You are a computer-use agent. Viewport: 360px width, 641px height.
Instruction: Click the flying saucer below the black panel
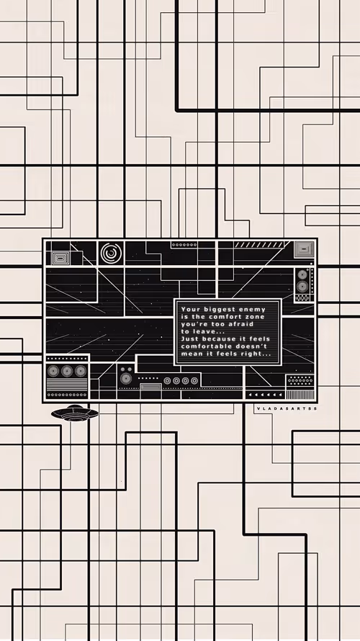(75, 413)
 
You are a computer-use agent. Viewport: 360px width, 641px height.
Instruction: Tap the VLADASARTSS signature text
(287, 408)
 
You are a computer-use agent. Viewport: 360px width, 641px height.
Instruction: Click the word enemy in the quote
(251, 310)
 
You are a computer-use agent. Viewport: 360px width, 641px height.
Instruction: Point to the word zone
(255, 317)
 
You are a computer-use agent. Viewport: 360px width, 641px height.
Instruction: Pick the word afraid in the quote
(240, 324)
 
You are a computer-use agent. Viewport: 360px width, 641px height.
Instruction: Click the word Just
(190, 339)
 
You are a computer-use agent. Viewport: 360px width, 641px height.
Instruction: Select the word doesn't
(251, 346)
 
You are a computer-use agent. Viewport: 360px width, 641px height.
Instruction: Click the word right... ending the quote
(256, 354)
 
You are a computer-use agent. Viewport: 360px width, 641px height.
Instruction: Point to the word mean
(190, 354)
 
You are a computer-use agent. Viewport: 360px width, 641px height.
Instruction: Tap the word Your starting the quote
(190, 310)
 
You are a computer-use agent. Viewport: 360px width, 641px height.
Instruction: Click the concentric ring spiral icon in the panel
(111, 253)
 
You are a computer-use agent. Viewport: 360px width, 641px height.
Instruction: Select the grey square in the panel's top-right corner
(304, 249)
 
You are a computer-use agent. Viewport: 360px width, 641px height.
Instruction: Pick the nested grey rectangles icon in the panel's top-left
(60, 258)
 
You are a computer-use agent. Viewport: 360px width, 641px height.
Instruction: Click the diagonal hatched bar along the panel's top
(259, 244)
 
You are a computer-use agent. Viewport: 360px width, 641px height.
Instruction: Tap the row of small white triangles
(266, 395)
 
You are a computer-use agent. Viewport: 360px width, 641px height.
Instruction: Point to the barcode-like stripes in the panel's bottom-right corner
(300, 395)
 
